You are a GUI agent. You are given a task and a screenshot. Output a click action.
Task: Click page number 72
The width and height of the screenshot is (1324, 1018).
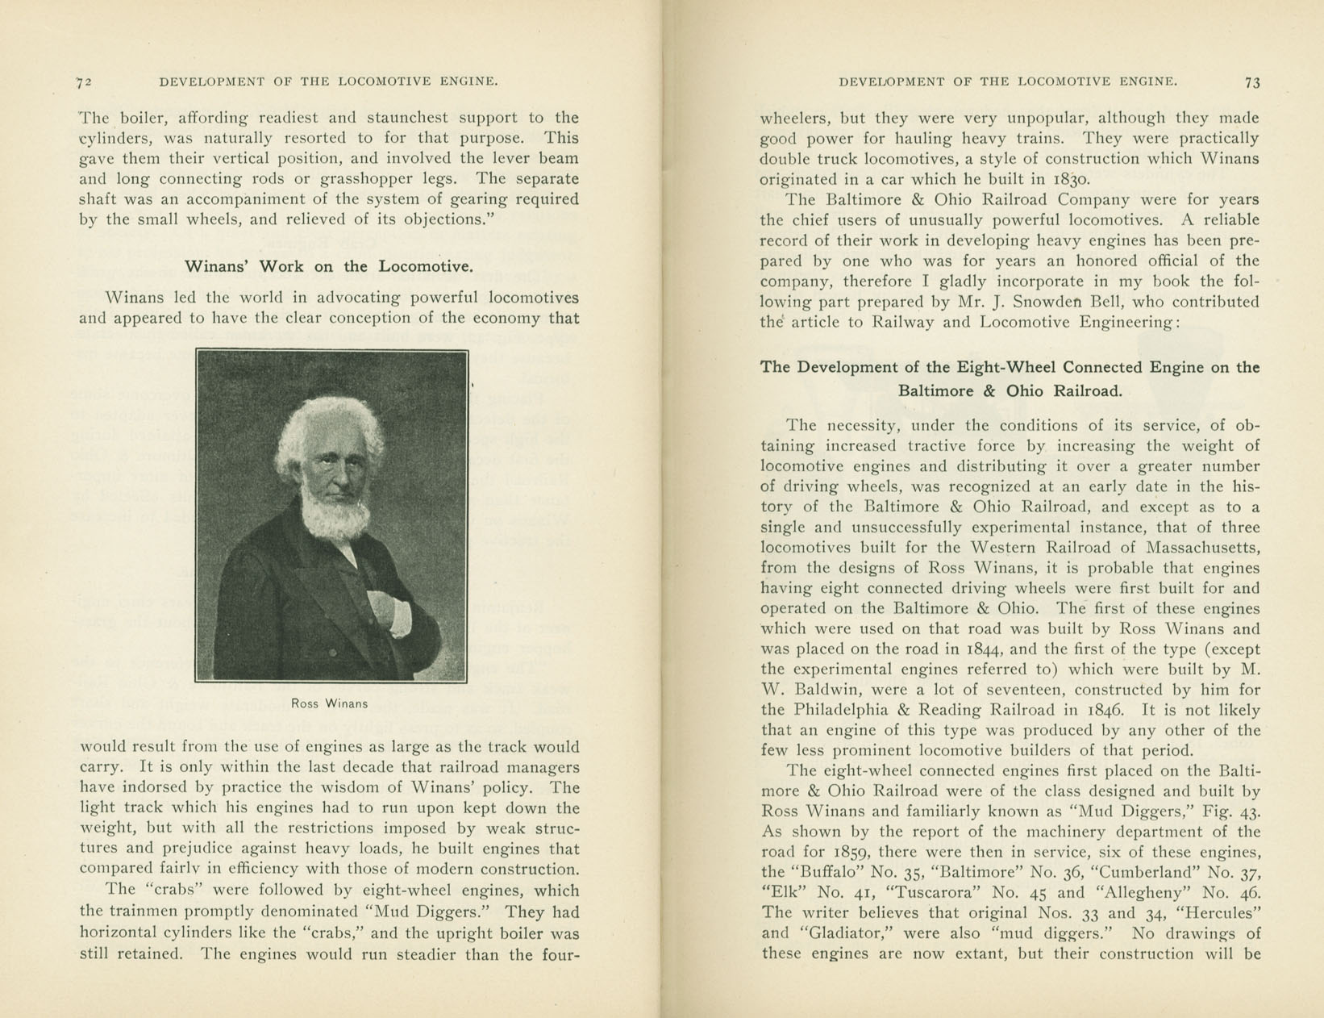click(x=85, y=81)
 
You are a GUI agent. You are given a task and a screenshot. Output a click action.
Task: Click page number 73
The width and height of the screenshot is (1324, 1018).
click(x=1252, y=81)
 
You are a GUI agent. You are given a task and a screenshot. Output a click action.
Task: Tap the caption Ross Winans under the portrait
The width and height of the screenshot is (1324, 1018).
click(x=330, y=703)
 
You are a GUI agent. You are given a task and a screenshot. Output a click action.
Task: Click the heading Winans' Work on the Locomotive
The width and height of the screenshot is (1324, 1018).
click(x=329, y=266)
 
